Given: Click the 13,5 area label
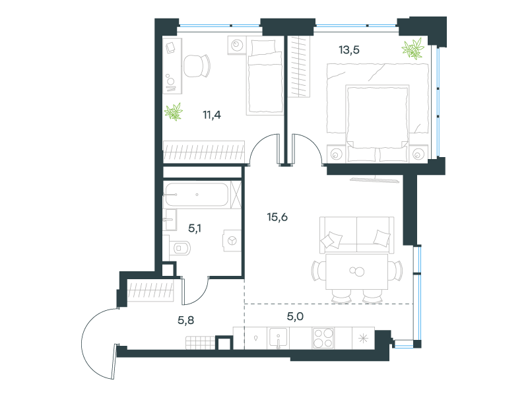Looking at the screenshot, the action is pos(349,50).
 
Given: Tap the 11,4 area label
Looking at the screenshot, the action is pos(212,115).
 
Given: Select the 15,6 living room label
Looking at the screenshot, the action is pos(277,217).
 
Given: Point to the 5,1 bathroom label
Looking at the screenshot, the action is pos(195,228).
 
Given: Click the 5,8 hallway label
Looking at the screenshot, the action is pos(186,320).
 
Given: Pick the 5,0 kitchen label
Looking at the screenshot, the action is pos(295,316).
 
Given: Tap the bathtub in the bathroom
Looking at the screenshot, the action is pos(196,194).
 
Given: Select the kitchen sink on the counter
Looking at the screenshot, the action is pos(278,338).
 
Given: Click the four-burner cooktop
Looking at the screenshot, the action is pos(323,338).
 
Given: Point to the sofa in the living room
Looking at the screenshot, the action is pos(356,235).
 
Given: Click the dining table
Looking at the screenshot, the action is pos(356,271).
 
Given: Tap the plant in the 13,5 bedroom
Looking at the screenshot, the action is pos(412,49).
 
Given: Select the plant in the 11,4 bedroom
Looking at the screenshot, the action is pos(174,112).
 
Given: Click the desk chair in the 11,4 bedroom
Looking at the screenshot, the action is pos(197,65).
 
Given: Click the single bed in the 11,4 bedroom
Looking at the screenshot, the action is pos(265,76).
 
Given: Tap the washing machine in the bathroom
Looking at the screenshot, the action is pos(232,240).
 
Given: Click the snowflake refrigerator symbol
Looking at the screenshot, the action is pos(364,338).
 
